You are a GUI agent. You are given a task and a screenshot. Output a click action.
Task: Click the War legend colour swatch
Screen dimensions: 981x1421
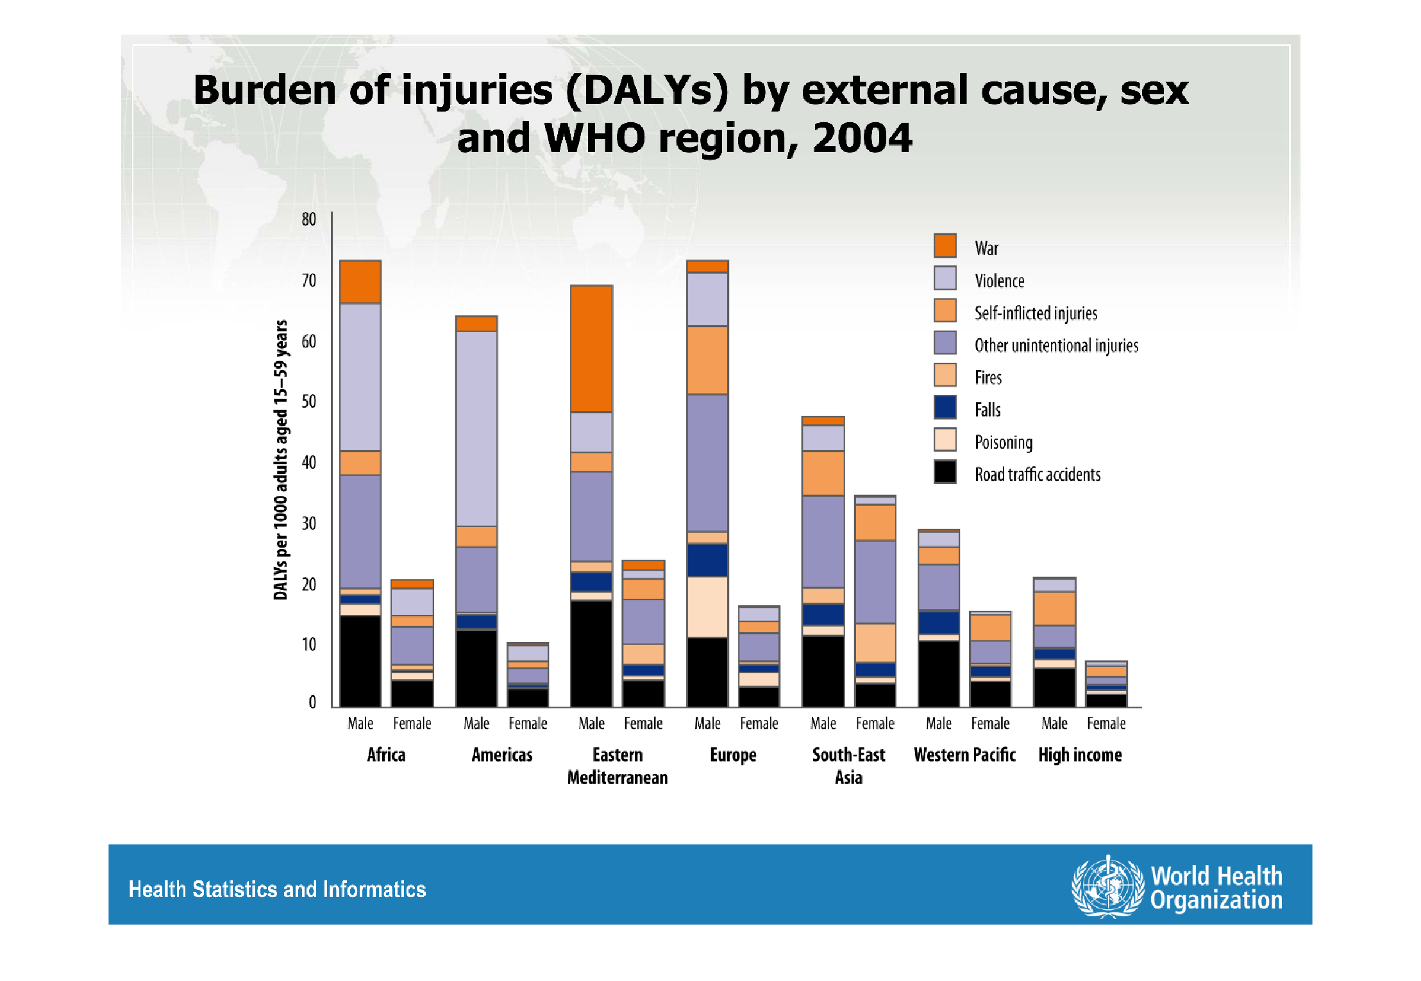click(945, 246)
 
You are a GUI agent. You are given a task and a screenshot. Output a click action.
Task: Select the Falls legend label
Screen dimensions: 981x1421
click(988, 410)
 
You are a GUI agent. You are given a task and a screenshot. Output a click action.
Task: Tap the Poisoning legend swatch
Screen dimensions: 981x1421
click(945, 440)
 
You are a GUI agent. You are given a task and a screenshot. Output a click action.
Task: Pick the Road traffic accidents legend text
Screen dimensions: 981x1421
click(1037, 474)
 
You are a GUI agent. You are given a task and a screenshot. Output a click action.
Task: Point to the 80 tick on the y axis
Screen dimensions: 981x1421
click(309, 219)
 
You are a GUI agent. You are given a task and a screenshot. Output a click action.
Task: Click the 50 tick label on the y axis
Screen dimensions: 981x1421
click(309, 401)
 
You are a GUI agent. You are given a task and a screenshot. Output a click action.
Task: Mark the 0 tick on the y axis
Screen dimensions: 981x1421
click(312, 702)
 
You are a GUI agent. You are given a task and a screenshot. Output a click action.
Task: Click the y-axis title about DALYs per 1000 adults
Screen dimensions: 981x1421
click(280, 460)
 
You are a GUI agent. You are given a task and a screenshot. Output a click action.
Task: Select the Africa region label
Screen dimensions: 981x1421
click(386, 755)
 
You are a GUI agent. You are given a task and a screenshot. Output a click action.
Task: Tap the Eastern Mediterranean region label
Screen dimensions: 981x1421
click(618, 766)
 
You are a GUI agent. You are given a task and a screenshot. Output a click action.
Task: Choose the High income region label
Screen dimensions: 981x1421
click(1080, 755)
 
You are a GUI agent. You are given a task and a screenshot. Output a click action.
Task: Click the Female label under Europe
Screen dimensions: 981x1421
click(759, 723)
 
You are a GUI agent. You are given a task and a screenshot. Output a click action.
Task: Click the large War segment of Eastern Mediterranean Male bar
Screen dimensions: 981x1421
click(591, 348)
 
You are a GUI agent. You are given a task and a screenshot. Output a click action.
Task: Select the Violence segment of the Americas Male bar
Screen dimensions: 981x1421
click(476, 428)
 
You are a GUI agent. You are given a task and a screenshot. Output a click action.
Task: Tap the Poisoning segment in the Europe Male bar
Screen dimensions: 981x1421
click(707, 607)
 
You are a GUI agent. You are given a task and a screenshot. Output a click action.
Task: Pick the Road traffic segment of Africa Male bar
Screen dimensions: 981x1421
click(360, 661)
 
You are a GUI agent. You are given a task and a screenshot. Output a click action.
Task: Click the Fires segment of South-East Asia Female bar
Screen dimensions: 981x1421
click(875, 642)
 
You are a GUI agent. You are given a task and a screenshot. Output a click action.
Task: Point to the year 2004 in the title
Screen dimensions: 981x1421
click(862, 138)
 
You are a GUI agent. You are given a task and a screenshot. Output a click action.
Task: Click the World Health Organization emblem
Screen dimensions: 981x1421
click(1107, 887)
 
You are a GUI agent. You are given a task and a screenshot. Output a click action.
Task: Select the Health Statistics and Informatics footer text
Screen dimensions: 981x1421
click(277, 889)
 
